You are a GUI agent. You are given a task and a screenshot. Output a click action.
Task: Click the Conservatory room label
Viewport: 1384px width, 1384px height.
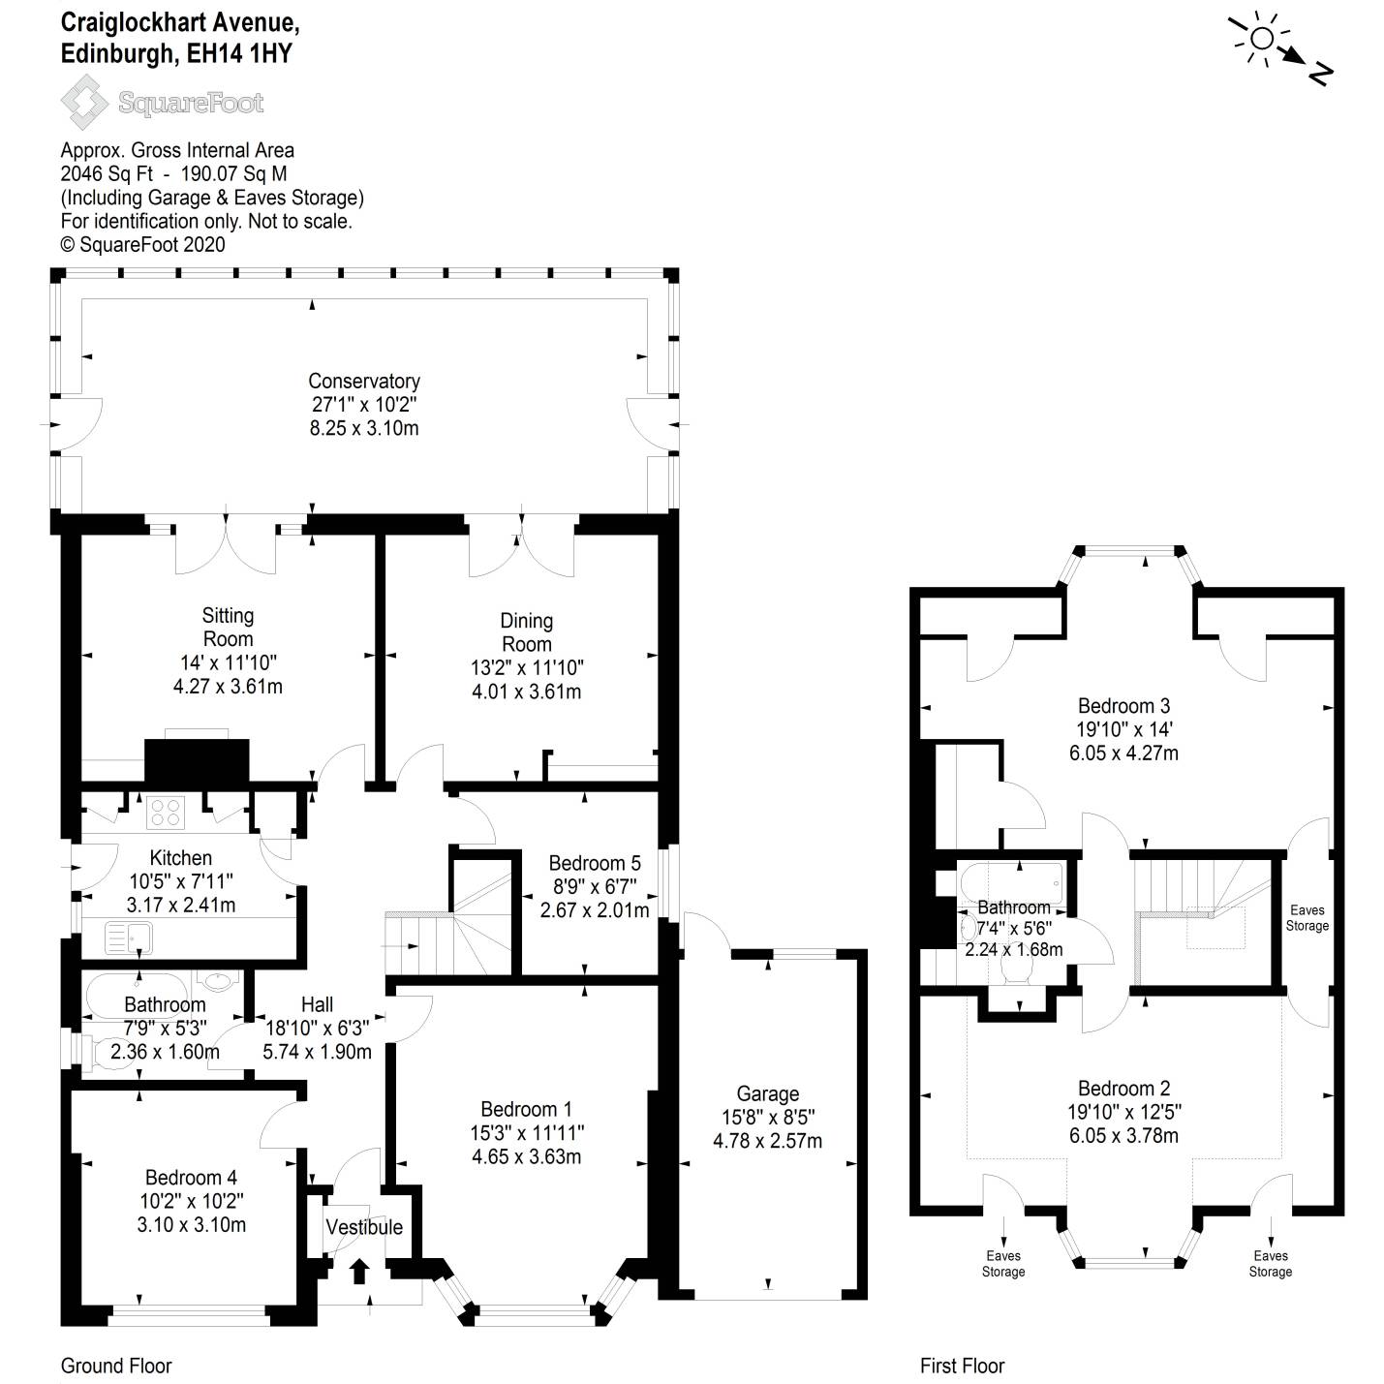363,382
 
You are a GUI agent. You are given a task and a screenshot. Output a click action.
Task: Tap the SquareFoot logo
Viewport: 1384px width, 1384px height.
162,103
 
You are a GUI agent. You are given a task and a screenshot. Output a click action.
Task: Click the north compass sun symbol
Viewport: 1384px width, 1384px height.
1262,39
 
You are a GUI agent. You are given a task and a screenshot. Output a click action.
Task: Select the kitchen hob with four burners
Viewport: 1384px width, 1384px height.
166,812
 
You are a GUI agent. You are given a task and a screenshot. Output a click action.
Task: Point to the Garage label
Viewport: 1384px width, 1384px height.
767,1094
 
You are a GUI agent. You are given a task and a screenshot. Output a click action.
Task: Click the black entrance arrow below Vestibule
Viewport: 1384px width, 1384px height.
359,1270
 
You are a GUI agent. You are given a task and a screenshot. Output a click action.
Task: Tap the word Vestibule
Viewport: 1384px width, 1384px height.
363,1227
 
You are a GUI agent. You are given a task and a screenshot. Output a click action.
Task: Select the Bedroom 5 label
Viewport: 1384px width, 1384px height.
594,863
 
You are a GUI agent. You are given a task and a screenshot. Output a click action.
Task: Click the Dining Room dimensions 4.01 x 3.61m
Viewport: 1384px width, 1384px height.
526,692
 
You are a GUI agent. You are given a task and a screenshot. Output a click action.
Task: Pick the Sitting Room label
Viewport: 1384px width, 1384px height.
228,627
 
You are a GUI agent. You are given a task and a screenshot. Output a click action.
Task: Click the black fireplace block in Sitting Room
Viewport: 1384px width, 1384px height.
197,760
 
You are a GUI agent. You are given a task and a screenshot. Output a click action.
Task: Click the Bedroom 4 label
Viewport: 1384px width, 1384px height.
191,1178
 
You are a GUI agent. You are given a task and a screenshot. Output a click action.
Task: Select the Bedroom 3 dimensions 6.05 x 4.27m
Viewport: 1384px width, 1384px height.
1123,753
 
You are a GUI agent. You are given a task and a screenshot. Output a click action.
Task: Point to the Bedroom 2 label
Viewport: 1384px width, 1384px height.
1123,1089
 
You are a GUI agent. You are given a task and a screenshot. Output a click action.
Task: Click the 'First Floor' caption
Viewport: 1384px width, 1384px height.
962,1366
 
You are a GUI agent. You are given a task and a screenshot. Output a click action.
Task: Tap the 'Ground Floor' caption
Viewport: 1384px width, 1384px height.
116,1366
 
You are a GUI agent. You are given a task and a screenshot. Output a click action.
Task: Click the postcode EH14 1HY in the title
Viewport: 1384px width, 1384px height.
239,53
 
